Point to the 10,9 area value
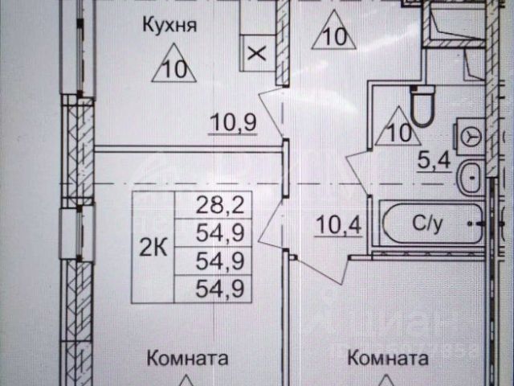(232, 123)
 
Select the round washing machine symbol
(468, 138)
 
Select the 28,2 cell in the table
(213, 203)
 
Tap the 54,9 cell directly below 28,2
(213, 233)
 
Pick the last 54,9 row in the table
(213, 287)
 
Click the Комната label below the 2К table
(187, 358)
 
